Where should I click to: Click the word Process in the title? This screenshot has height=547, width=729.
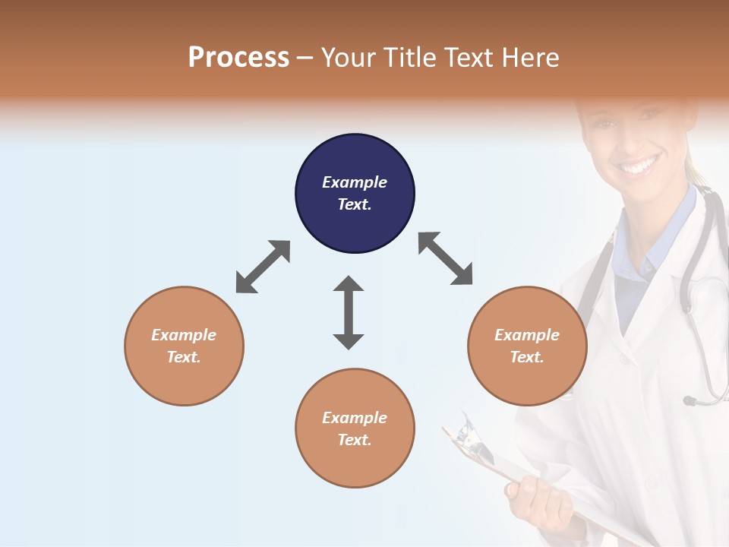[238, 58]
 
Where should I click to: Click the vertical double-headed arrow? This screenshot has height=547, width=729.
[349, 312]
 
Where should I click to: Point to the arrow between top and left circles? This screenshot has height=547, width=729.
[263, 266]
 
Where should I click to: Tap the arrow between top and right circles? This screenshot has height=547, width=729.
[445, 258]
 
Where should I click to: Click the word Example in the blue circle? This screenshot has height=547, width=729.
[355, 182]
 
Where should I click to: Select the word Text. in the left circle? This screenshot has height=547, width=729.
[184, 357]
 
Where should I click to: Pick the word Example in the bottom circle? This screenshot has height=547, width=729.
[355, 418]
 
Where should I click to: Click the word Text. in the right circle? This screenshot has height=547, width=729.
[526, 357]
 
